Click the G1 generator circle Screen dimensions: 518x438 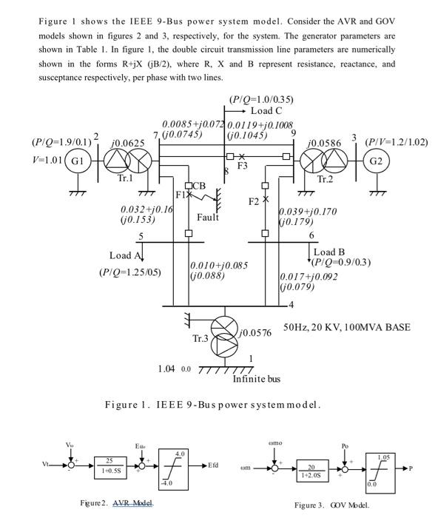coord(77,161)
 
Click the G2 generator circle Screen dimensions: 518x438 coord(376,161)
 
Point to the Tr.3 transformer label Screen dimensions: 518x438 coord(201,339)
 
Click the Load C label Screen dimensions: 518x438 coord(266,110)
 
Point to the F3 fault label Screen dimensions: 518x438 coord(242,166)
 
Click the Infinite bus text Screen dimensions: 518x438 coord(257,380)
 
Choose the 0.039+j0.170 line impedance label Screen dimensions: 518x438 coord(307,212)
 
